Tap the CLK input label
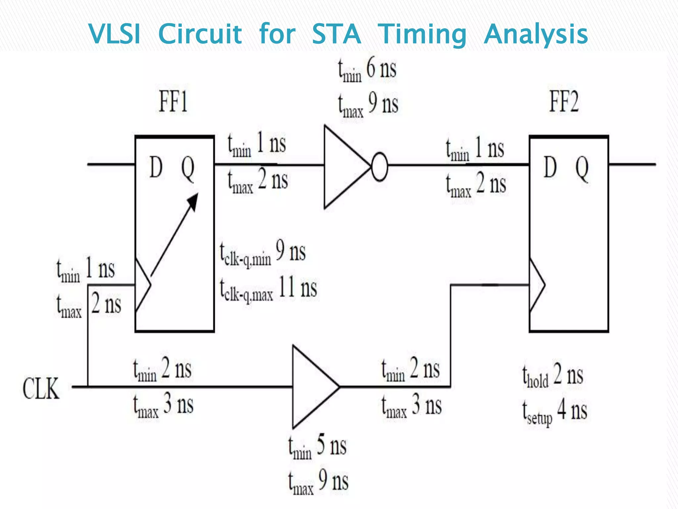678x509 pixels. [41, 388]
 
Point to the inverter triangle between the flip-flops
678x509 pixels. [344, 167]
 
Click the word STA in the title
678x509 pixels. [336, 34]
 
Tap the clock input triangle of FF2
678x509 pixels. [536, 285]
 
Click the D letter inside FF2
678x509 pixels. [550, 168]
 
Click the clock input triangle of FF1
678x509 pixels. [142, 285]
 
